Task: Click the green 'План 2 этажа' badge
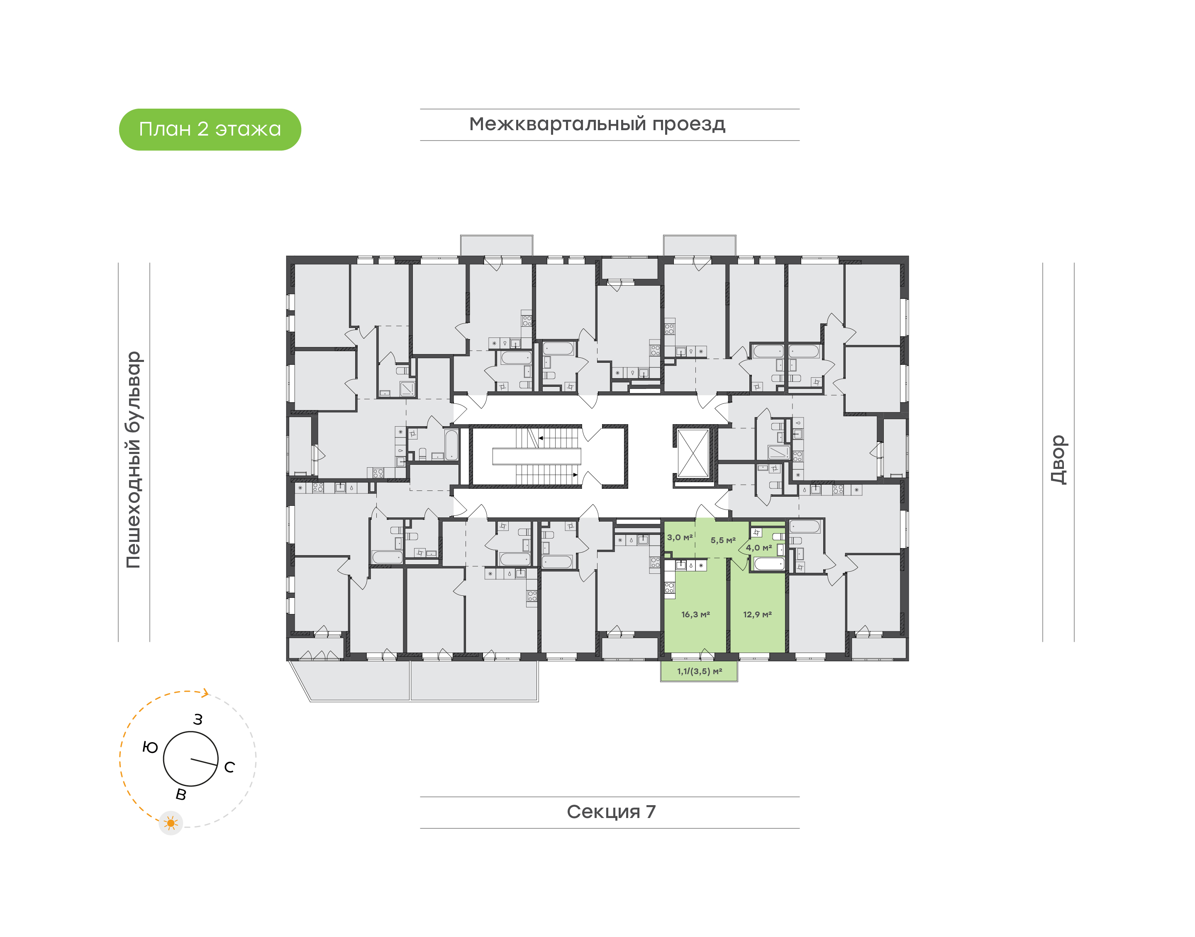pyautogui.click(x=210, y=129)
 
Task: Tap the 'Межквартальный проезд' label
pyautogui.click(x=597, y=124)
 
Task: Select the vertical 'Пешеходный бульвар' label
pyautogui.click(x=133, y=460)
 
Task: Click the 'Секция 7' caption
pyautogui.click(x=611, y=811)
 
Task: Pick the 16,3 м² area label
pyautogui.click(x=695, y=614)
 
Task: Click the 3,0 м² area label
pyautogui.click(x=680, y=537)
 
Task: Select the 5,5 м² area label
pyautogui.click(x=723, y=540)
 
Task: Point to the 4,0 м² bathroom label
pyautogui.click(x=758, y=548)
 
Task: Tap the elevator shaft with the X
pyautogui.click(x=693, y=454)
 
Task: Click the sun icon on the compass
pyautogui.click(x=171, y=823)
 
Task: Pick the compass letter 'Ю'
pyautogui.click(x=150, y=747)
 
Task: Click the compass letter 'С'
pyautogui.click(x=229, y=767)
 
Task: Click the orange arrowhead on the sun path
pyautogui.click(x=205, y=693)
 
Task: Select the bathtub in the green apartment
pyautogui.click(x=769, y=564)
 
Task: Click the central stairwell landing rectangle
pyautogui.click(x=536, y=456)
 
